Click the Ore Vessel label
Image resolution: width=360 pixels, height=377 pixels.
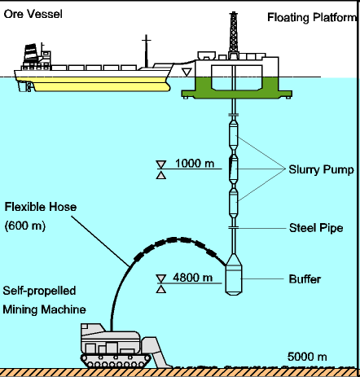pyautogui.click(x=33, y=14)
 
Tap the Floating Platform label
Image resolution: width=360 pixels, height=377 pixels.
pyautogui.click(x=312, y=17)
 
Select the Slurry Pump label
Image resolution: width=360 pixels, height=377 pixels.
pyautogui.click(x=321, y=169)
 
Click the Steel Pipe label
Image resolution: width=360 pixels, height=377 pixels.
pyautogui.click(x=316, y=228)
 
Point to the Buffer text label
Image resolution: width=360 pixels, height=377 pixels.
pyautogui.click(x=305, y=279)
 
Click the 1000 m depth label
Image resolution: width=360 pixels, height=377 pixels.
pyautogui.click(x=195, y=164)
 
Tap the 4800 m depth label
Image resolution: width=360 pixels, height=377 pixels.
pyautogui.click(x=192, y=278)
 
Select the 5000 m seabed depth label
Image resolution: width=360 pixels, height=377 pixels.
pyautogui.click(x=307, y=357)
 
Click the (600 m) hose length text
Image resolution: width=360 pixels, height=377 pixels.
pyautogui.click(x=25, y=226)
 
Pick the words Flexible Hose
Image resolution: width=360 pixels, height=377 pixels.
pyautogui.click(x=41, y=207)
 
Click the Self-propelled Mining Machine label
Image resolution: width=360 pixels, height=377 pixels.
pyautogui.click(x=44, y=300)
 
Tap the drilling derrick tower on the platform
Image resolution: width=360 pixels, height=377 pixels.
pyautogui.click(x=234, y=35)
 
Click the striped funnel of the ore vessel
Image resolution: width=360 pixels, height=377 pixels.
pyautogui.click(x=30, y=52)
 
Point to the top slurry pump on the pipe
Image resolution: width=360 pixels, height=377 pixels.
pyautogui.click(x=234, y=135)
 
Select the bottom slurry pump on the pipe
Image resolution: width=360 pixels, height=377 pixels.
pyautogui.click(x=234, y=203)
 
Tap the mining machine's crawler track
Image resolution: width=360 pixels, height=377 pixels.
pyautogui.click(x=116, y=361)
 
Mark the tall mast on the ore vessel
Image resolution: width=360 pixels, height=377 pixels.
pyautogui.click(x=147, y=51)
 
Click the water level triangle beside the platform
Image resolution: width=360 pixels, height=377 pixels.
pyautogui.click(x=187, y=72)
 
